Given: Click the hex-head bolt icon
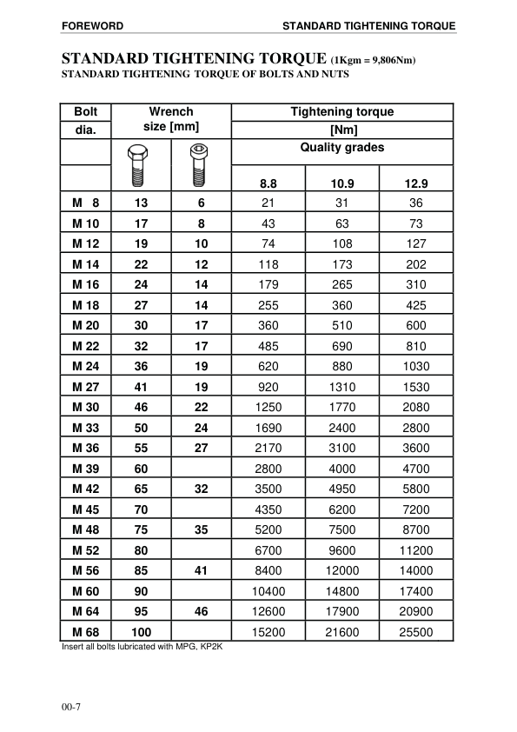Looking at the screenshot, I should pos(136,165).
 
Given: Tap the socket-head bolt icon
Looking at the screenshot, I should pos(199,165).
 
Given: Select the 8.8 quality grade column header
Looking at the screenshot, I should pos(268,183).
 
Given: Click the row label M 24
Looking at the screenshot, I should pos(86,366).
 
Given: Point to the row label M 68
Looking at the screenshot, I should pos(86,632).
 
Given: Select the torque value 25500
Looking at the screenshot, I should pos(416,632).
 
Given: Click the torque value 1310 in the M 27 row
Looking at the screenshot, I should pos(342,386).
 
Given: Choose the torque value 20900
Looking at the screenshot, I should pos(416,611).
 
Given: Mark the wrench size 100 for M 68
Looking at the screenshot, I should pos(142,632).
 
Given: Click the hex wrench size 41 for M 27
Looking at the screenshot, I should pos(142,386).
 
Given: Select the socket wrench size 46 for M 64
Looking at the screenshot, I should pos(202,611).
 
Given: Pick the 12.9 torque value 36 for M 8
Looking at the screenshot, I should pos(416,203).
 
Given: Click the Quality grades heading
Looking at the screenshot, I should pos(341,147).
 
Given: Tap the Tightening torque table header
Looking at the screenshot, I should pos(341,111).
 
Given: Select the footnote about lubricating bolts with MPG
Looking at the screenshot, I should pos(143,647).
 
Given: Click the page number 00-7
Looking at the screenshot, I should pos(72,706).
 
